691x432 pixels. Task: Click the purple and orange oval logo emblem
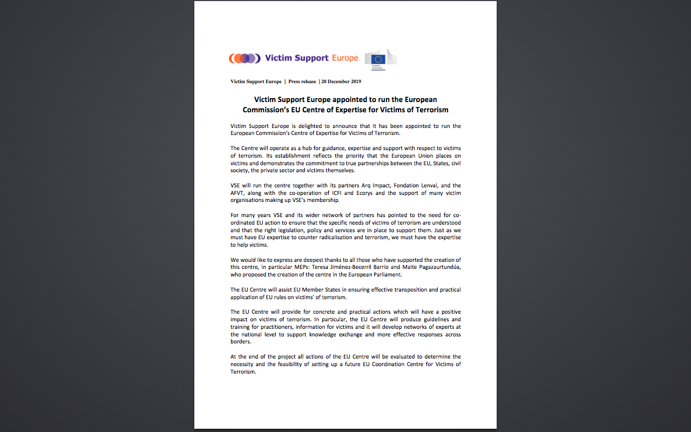[x=244, y=58]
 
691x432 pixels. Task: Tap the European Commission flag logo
[x=380, y=59]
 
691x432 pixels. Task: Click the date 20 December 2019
[x=341, y=82]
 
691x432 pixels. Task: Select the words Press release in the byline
[x=302, y=82]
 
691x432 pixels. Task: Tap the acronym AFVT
[x=238, y=193]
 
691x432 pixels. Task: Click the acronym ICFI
[x=337, y=193]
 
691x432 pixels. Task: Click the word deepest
[x=323, y=260]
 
